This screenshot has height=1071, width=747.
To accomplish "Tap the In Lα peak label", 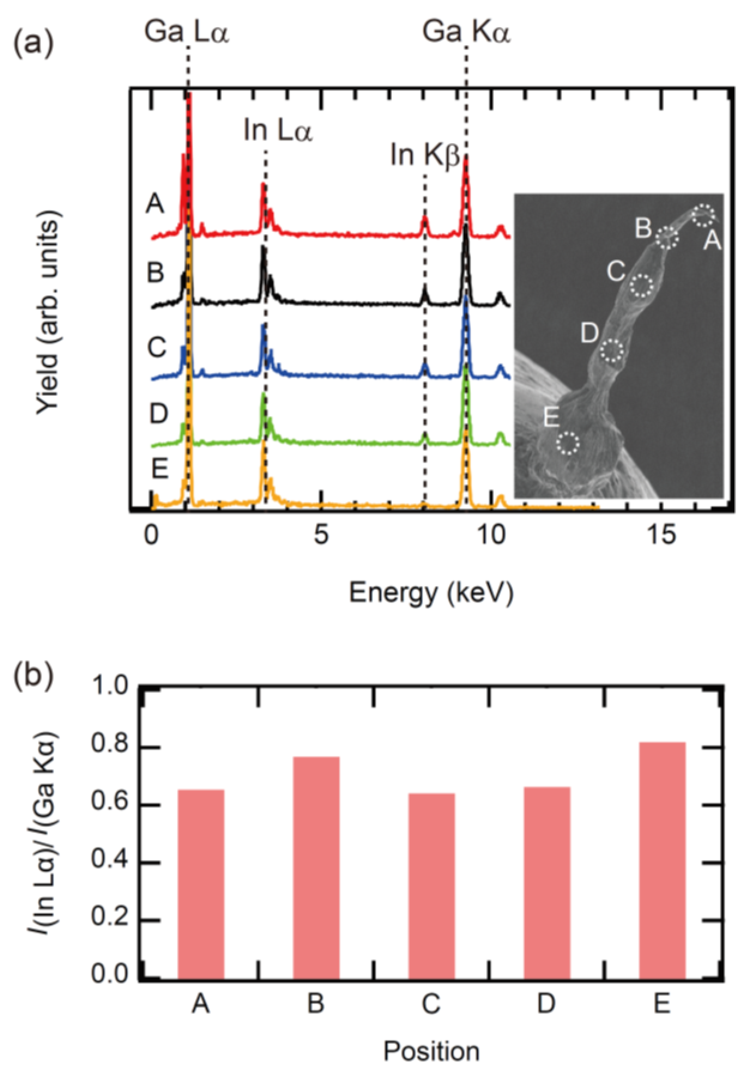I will [277, 131].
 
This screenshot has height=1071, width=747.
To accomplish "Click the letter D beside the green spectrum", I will [159, 413].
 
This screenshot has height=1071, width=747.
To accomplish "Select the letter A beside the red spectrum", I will [155, 204].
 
